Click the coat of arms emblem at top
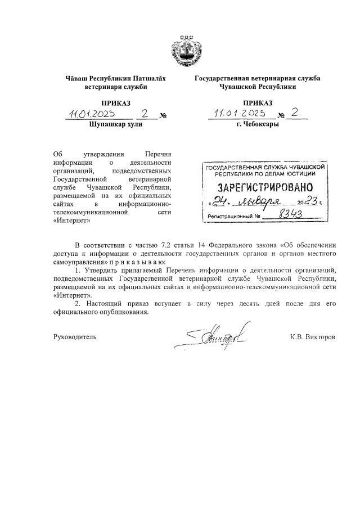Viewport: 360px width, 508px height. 186,49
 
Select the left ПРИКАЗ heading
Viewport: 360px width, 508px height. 115,103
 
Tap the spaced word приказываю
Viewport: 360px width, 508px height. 141,263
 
